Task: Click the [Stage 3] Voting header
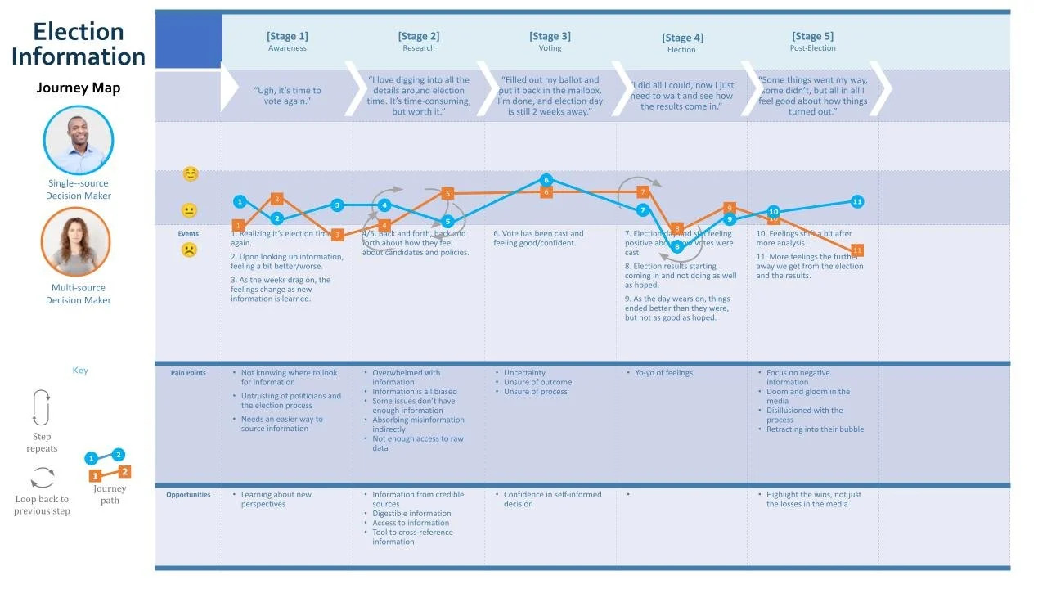click(550, 41)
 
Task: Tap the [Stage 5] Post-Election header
click(812, 41)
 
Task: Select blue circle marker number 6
click(546, 180)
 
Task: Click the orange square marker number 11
click(857, 250)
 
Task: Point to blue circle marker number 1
click(240, 201)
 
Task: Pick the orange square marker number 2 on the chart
click(276, 199)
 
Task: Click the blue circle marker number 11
click(857, 201)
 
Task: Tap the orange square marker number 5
click(447, 193)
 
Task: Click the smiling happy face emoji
click(190, 174)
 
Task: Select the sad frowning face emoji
click(189, 250)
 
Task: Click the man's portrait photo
click(79, 141)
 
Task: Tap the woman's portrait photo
click(75, 242)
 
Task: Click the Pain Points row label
click(188, 373)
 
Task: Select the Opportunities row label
click(188, 495)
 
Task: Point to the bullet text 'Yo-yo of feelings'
click(663, 373)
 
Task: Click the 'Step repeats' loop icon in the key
click(41, 407)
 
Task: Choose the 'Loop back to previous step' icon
click(43, 477)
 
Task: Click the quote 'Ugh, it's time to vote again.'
click(288, 96)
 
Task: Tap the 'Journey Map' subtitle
click(79, 88)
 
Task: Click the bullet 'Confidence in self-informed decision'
click(552, 499)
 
